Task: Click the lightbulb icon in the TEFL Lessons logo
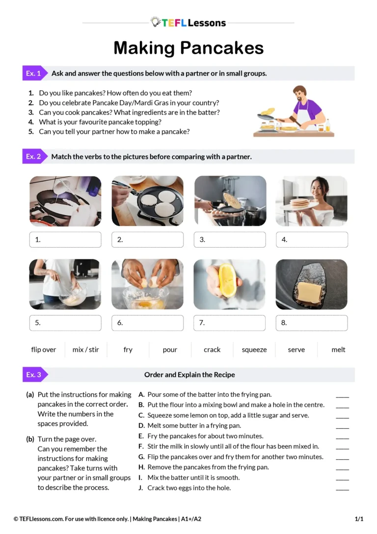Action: click(156, 22)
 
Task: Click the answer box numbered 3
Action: click(230, 240)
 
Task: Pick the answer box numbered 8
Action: click(312, 323)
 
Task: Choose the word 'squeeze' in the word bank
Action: click(254, 350)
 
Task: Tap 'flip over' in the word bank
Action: click(44, 350)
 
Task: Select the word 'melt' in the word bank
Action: click(338, 350)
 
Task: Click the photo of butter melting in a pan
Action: click(312, 284)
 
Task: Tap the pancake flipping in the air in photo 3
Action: click(232, 200)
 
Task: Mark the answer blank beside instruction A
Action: click(342, 397)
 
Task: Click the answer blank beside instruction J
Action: click(342, 490)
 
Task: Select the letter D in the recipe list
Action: click(141, 426)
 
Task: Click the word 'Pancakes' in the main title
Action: click(222, 48)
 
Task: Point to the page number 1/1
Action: click(359, 519)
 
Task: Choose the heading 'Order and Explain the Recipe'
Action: click(189, 375)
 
